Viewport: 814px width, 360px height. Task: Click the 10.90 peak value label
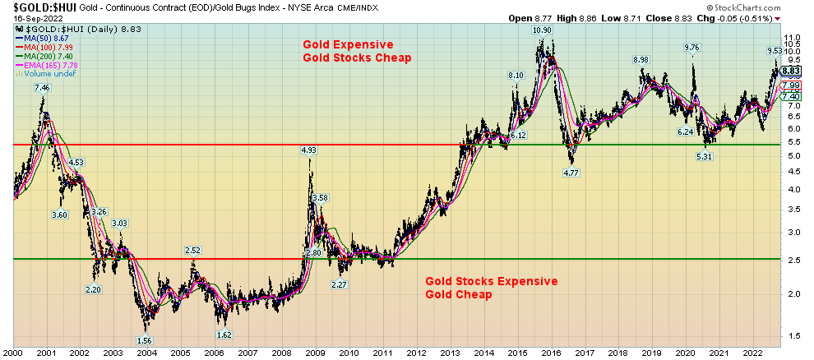tap(541, 30)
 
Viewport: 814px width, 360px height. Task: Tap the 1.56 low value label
tap(144, 339)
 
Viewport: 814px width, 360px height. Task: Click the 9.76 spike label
tap(692, 48)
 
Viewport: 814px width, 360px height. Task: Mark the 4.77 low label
tap(571, 173)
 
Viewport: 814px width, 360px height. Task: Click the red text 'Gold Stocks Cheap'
tap(357, 58)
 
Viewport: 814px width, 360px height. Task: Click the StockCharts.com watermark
tap(769, 6)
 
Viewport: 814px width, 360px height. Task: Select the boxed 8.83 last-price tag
tap(791, 72)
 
